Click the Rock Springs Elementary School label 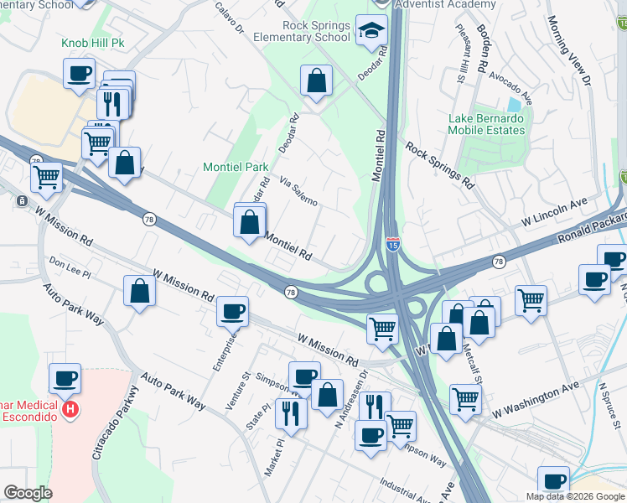click(x=316, y=31)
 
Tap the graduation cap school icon click(x=369, y=32)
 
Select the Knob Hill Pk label click(x=92, y=43)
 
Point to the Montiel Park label click(x=236, y=167)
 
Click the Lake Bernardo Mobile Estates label click(x=485, y=124)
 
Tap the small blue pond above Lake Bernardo click(x=513, y=106)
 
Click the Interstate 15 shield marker click(x=393, y=244)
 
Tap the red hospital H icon click(x=71, y=410)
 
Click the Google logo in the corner click(x=28, y=493)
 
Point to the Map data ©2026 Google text click(x=574, y=496)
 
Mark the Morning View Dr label click(x=571, y=49)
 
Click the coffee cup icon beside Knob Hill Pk click(x=79, y=73)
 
